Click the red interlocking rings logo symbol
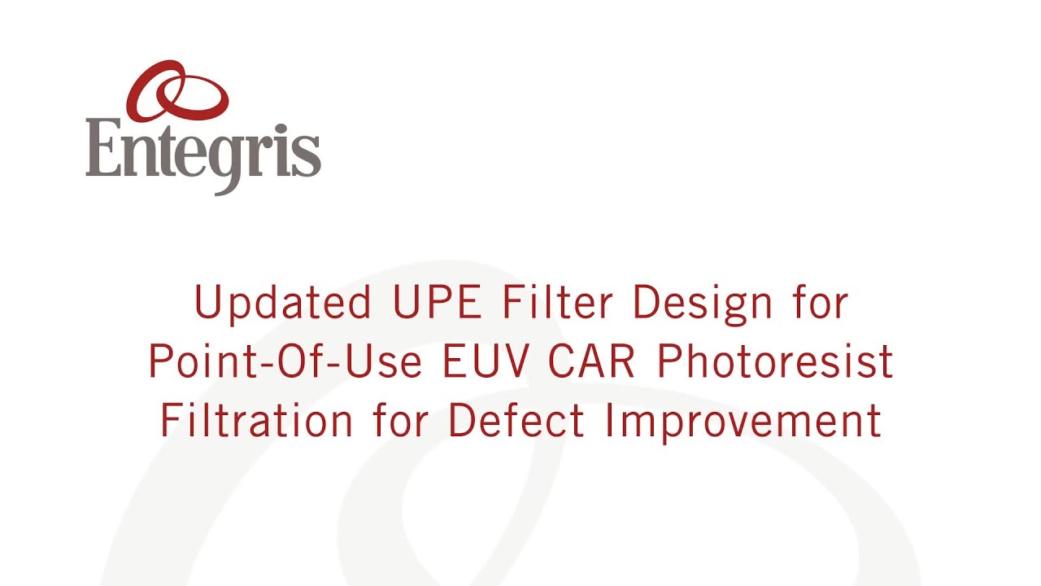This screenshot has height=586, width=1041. pos(177,90)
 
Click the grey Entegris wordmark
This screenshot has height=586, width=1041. pos(203,151)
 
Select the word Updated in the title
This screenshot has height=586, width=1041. pos(282,303)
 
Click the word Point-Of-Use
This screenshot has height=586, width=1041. pos(285,362)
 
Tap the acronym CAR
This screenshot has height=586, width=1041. pos(591,362)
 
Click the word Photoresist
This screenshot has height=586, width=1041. pos(775,362)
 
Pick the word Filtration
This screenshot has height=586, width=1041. pos(256,421)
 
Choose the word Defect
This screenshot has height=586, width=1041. pos(516,421)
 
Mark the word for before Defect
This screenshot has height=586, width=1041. pos(400,421)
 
